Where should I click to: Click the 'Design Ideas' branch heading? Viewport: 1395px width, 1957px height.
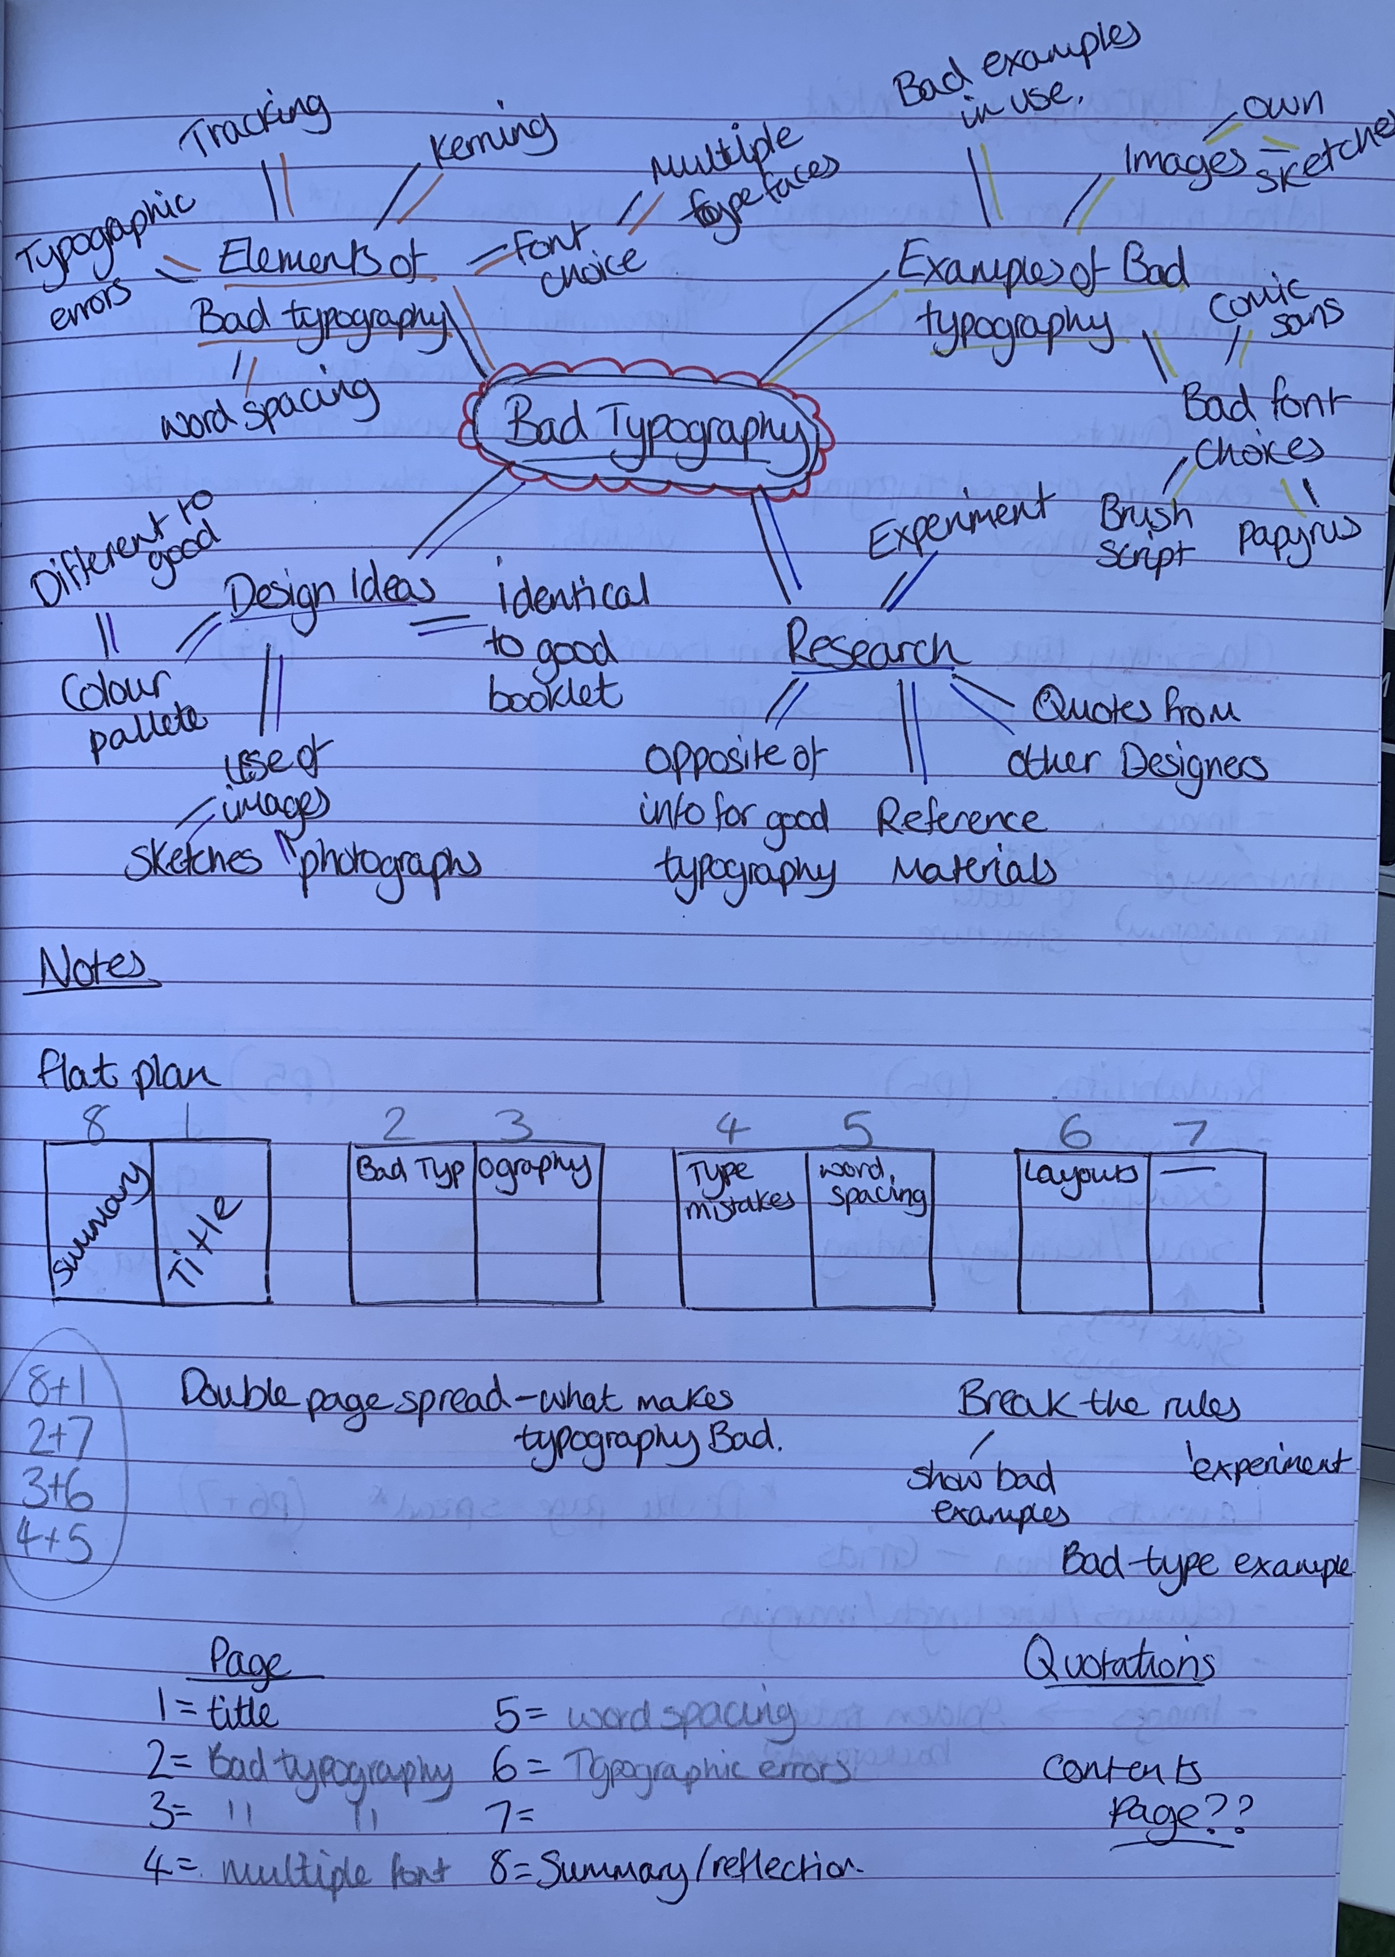point(331,593)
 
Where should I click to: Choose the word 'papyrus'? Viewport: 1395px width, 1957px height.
point(1297,537)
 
